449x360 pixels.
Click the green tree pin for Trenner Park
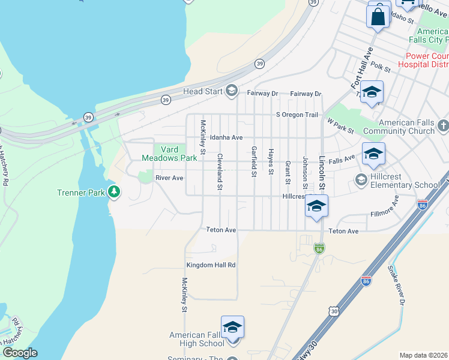[x=113, y=192]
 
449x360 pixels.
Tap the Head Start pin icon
[x=231, y=91]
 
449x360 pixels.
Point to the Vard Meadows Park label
[x=169, y=154]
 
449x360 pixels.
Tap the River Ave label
[x=169, y=178]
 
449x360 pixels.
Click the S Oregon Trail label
[x=296, y=115]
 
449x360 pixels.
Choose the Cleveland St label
[x=220, y=172]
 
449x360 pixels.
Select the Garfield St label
[x=255, y=161]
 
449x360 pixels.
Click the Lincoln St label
[x=322, y=174]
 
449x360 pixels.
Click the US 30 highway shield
[x=334, y=310]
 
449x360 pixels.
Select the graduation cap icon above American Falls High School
[x=232, y=327]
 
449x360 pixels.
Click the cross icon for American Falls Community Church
[x=443, y=126]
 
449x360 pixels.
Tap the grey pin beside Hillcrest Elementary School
[x=361, y=179]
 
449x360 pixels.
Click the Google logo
[x=20, y=353]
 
